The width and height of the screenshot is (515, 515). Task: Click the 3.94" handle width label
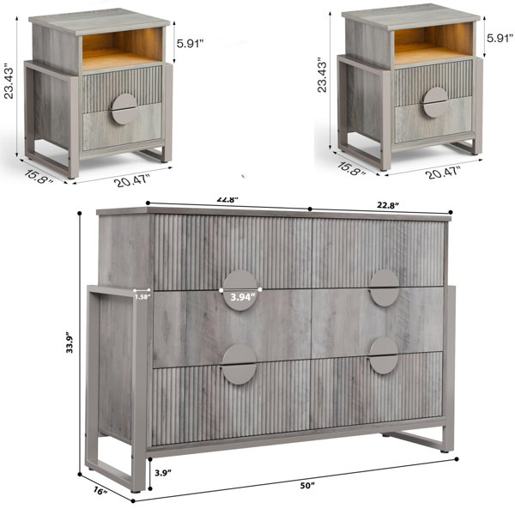coord(243,297)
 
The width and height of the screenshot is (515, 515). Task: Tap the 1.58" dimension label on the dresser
coord(142,297)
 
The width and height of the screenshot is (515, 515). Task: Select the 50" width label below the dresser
coord(307,486)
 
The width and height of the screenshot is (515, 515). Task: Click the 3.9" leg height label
coord(163,473)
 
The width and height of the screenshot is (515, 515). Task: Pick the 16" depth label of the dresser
coord(100,491)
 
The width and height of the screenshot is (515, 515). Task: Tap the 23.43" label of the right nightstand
coord(322,76)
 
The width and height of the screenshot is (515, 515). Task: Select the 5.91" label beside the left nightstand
coord(191,44)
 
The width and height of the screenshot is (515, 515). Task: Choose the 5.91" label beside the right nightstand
coord(500,38)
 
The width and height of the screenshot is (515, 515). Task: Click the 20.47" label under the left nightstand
coord(132,180)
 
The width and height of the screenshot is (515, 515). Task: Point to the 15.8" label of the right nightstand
coord(351,168)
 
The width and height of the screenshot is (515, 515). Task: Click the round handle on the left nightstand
coord(124,109)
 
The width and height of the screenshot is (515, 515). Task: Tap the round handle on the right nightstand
coord(435,102)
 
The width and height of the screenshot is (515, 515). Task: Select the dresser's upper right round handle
coord(384,288)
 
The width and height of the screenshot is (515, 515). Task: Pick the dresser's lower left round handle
coord(239,364)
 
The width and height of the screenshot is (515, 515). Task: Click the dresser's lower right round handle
coord(383,355)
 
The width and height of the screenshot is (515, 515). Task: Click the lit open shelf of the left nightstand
coord(122,48)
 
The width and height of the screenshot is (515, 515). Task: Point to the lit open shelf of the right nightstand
coord(433,43)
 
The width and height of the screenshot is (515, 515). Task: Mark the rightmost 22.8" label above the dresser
coord(388,205)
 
